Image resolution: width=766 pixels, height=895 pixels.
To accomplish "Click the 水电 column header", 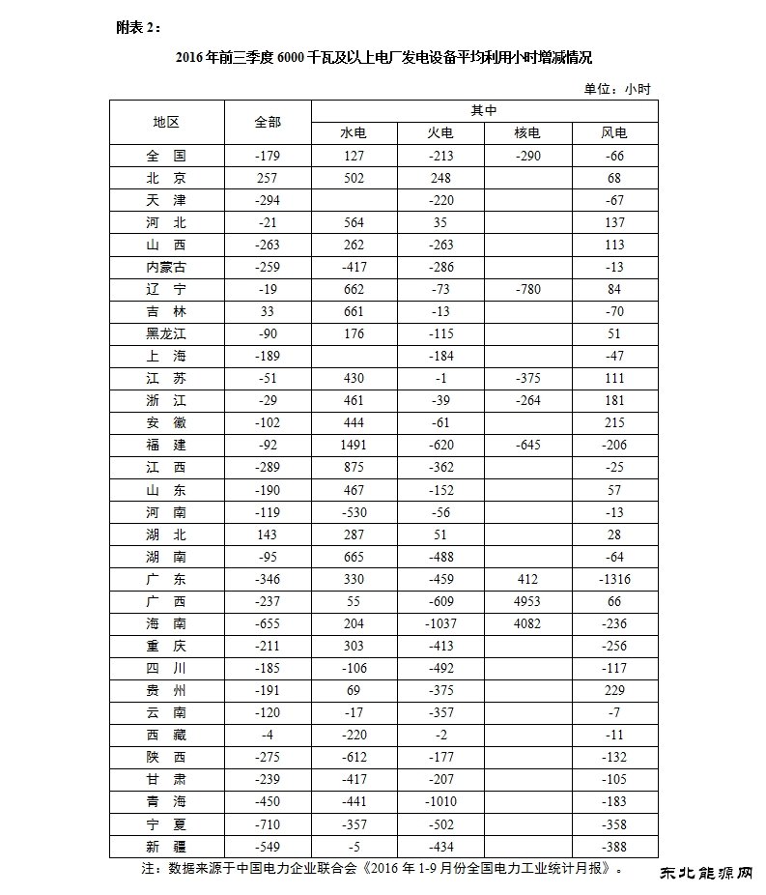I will click(x=354, y=132).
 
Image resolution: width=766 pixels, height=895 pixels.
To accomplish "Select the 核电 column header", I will click(x=526, y=132).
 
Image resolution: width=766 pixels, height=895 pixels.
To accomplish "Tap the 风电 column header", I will click(x=614, y=132).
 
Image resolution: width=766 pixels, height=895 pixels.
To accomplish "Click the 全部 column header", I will click(x=268, y=122).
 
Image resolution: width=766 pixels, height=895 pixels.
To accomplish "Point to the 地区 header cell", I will click(x=166, y=122).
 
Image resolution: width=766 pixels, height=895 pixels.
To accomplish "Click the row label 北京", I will click(x=166, y=178).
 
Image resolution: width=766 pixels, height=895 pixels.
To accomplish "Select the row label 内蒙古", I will click(x=166, y=267).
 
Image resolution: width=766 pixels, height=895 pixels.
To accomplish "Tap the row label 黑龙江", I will click(x=166, y=333).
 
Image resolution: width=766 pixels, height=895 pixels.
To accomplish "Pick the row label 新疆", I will click(x=166, y=846).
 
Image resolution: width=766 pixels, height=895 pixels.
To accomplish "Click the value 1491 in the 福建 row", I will click(x=354, y=445).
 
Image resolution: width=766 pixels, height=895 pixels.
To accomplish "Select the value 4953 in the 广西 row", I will click(x=526, y=601).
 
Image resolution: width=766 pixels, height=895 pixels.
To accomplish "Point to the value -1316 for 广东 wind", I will click(x=614, y=579).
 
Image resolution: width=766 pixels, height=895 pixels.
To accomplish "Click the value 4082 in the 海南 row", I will click(x=526, y=623).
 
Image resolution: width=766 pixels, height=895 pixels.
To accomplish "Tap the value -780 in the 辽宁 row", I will click(x=526, y=289).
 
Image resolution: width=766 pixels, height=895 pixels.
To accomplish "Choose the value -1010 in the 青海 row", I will click(x=440, y=801).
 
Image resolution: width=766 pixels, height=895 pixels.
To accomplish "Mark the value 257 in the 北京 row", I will click(x=268, y=178).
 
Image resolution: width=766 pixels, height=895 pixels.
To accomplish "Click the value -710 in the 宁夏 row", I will click(x=268, y=823).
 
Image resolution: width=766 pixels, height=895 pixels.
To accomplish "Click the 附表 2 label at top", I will click(x=134, y=26).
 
